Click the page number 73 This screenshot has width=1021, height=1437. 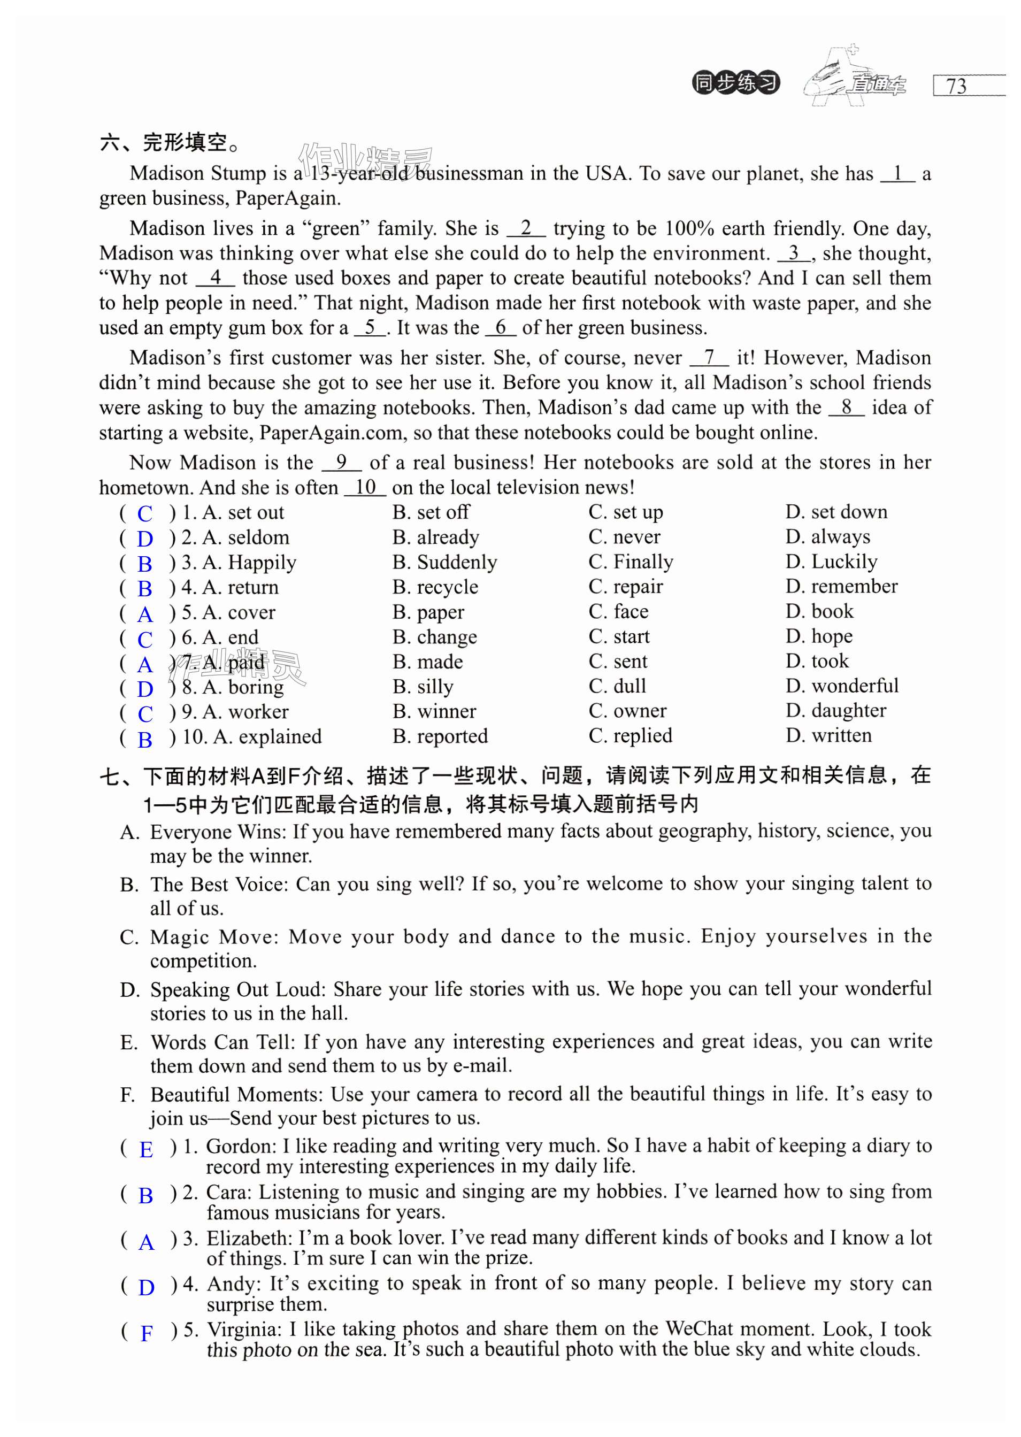click(x=956, y=86)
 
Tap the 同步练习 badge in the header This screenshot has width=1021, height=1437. click(x=735, y=82)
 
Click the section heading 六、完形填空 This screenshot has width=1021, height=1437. click(x=170, y=143)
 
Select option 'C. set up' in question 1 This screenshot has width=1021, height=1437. click(x=626, y=512)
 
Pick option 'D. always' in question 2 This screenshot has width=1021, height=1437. click(x=827, y=537)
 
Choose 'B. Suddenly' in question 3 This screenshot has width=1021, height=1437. click(x=444, y=562)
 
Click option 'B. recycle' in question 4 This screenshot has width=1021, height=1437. click(x=435, y=587)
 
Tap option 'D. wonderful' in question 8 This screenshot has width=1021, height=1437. click(x=842, y=686)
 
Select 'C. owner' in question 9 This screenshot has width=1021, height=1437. click(x=627, y=711)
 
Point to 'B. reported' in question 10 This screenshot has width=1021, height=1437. click(x=440, y=736)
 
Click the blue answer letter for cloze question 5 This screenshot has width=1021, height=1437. click(x=145, y=613)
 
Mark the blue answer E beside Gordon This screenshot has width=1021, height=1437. click(x=146, y=1150)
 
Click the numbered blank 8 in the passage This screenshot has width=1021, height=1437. click(x=846, y=408)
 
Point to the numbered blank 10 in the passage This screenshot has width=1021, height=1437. click(x=365, y=487)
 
